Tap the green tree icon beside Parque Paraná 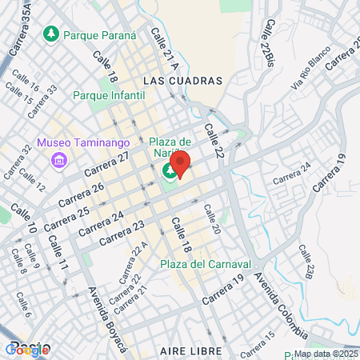[51, 34]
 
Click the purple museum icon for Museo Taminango [58, 161]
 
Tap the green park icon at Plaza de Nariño [170, 170]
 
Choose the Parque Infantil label [109, 95]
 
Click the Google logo [28, 349]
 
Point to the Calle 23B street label [308, 262]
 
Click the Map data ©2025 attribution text [326, 354]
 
